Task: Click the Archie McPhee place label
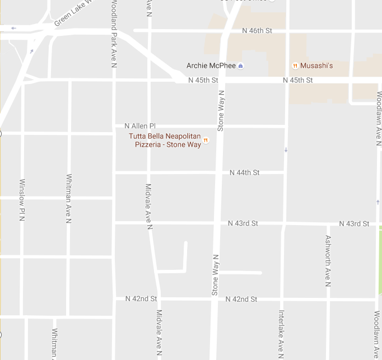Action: pos(211,66)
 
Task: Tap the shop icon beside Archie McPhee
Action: pos(241,66)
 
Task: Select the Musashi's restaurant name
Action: pos(316,66)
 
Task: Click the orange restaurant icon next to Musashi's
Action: pos(295,66)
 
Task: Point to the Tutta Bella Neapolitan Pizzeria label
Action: pos(165,141)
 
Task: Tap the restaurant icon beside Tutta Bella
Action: pos(206,141)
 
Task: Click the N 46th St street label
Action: pos(257,31)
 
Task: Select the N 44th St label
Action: pos(245,172)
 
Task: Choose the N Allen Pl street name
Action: pos(139,126)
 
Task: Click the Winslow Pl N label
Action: pos(22,200)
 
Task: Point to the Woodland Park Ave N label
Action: pos(114,34)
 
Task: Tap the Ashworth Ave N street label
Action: pos(328,260)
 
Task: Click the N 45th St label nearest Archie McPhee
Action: pos(203,81)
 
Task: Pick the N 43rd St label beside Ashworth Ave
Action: pos(354,224)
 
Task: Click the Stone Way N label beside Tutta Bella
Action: pos(221,111)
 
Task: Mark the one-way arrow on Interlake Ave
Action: pos(286,150)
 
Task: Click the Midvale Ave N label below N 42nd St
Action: pos(159,334)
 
